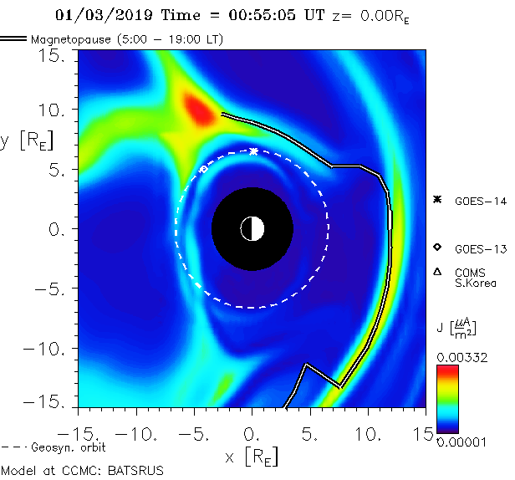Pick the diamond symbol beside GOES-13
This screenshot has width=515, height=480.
pos(436,248)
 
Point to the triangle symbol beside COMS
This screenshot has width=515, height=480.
pos(436,272)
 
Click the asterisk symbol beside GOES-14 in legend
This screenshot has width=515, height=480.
pos(436,200)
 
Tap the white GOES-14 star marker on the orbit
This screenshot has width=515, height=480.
pos(254,151)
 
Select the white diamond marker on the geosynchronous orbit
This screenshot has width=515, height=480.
pos(203,169)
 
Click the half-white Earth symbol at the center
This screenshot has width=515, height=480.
pos(252,228)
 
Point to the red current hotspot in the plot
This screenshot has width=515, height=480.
pos(199,109)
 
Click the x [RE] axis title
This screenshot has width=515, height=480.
pos(252,457)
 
